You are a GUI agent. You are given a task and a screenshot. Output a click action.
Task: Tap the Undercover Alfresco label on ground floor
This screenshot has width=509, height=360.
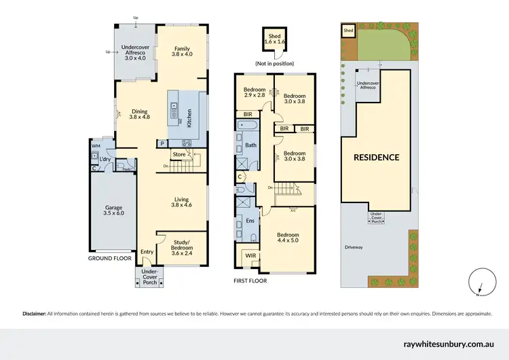pos(136,52)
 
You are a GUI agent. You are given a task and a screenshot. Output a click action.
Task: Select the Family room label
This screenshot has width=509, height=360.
pos(181,52)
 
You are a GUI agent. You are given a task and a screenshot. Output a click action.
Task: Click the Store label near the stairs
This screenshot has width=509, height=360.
pos(178,155)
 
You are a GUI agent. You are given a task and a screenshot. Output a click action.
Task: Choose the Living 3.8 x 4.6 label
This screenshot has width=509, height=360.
pos(181,202)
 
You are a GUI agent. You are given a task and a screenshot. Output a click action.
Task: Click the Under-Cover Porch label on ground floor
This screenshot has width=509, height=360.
pos(149,276)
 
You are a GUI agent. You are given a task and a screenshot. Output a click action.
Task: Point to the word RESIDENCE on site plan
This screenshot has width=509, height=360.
pos(375,158)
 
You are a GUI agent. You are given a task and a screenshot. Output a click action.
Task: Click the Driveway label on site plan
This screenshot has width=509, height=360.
pos(354,247)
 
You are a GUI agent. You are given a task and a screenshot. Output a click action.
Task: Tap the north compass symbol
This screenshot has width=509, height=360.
pos(478,282)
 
